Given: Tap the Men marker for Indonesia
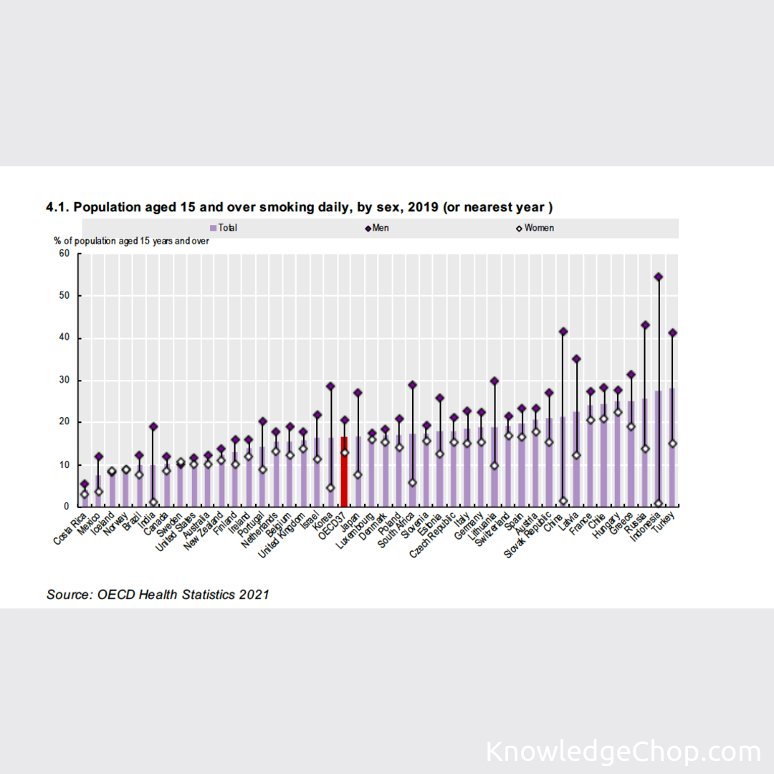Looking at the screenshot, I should (x=659, y=277).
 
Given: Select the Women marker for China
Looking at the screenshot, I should (x=563, y=501).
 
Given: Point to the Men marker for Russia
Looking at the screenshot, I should (x=645, y=325).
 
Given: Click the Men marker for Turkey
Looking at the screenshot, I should (x=672, y=333).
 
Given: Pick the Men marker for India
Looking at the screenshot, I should (x=153, y=427).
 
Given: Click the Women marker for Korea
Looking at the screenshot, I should (x=330, y=487).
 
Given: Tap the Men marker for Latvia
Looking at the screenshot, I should (x=577, y=358).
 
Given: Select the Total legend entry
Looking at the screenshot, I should (x=224, y=228).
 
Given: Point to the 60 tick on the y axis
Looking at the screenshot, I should (x=64, y=254).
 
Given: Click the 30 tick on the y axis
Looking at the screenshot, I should (x=64, y=380).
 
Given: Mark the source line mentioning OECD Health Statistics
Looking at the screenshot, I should (x=158, y=594).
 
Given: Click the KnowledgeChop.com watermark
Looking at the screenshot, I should (x=623, y=752).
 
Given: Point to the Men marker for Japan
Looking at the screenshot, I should (x=358, y=393).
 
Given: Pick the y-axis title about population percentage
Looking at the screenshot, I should (x=131, y=241).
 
